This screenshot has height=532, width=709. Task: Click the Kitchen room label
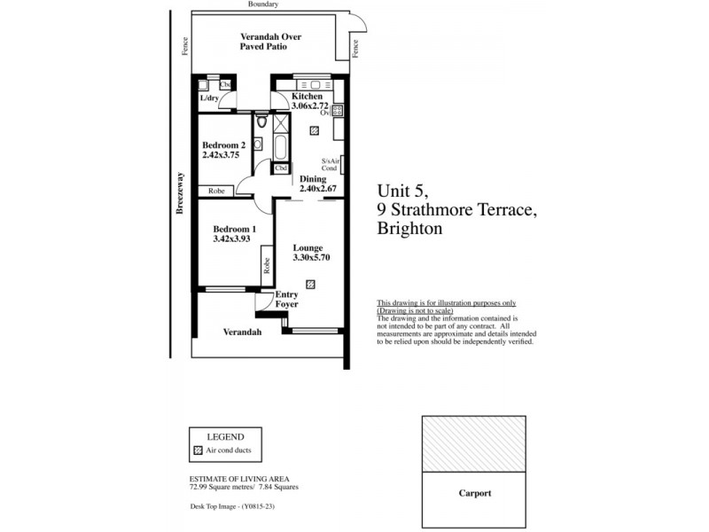tap(295, 96)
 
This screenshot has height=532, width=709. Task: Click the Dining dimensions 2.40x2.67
tap(318, 189)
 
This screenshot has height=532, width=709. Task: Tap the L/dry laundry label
tap(209, 98)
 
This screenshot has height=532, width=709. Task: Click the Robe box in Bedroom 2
tap(216, 191)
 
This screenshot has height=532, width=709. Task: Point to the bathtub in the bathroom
tap(281, 145)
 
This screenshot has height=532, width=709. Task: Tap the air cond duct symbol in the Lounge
tap(310, 284)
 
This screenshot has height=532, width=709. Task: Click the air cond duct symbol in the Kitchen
tap(315, 130)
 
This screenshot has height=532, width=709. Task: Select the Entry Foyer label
tap(286, 300)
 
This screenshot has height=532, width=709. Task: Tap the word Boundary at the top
tap(264, 4)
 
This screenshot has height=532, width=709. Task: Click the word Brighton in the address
tap(409, 229)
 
